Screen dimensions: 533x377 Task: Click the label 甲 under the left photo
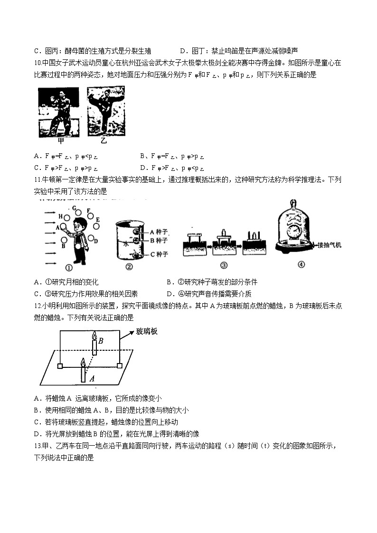61,140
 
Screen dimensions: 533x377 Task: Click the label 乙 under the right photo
104,141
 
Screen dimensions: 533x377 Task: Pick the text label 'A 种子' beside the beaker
159,232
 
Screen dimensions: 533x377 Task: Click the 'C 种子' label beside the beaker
159,255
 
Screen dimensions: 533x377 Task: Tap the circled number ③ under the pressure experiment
224,265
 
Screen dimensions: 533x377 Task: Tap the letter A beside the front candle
92,378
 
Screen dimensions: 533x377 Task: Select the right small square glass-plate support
119,366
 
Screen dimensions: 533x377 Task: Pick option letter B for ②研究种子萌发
170,282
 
